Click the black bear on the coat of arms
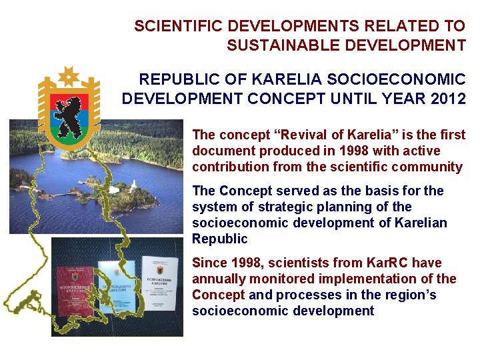point(69,113)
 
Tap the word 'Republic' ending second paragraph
point(219,239)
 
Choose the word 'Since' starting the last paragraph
point(209,263)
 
